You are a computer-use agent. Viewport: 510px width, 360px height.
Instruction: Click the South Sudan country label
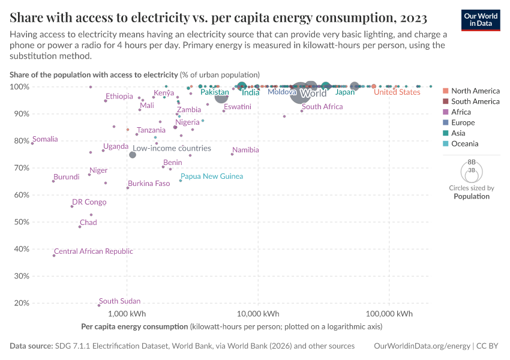119,301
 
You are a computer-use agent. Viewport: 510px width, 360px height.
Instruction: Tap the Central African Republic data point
54,256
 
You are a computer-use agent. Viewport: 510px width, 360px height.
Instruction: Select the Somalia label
45,139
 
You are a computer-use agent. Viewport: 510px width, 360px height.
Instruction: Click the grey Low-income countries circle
133,155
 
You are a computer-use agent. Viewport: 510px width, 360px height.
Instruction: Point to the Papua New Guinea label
212,176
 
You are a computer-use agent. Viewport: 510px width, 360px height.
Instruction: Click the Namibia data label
245,150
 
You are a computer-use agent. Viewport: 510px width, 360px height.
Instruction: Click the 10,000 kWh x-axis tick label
258,314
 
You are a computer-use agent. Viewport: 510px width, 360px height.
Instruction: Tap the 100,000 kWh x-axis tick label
389,314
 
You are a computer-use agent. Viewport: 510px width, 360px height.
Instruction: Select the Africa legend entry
461,112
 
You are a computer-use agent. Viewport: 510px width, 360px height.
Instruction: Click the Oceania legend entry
464,144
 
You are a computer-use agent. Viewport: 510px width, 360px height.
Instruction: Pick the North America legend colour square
445,91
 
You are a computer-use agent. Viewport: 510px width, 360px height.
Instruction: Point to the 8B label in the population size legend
471,163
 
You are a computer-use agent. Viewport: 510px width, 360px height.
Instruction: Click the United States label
397,92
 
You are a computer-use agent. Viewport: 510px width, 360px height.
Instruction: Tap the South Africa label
325,107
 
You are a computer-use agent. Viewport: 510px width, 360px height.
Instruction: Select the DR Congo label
89,202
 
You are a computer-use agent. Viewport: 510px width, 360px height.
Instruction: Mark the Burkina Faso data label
148,184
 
